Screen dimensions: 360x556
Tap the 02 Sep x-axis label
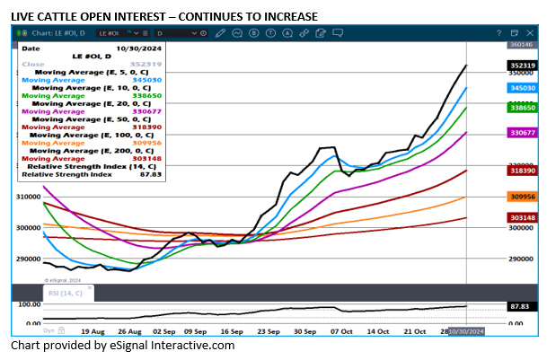[163, 331]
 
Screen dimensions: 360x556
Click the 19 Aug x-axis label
[93, 331]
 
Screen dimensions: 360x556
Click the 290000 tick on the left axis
[31, 259]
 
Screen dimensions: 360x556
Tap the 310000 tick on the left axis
[31, 197]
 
